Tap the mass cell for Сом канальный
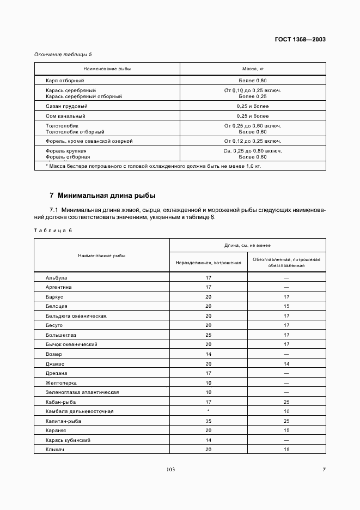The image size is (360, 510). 253,116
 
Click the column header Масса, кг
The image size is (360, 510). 253,69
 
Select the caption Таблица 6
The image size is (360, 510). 53,230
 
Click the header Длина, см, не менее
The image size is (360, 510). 248,246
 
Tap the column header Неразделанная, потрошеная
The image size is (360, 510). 208,262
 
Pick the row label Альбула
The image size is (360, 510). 57,278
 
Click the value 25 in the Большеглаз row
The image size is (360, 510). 208,335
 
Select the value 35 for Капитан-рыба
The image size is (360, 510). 208,421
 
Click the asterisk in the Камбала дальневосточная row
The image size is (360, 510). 208,411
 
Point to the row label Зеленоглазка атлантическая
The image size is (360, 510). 82,392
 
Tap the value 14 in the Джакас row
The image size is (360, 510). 286,363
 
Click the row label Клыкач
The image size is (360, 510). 56,449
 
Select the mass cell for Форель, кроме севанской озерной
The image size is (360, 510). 253,141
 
